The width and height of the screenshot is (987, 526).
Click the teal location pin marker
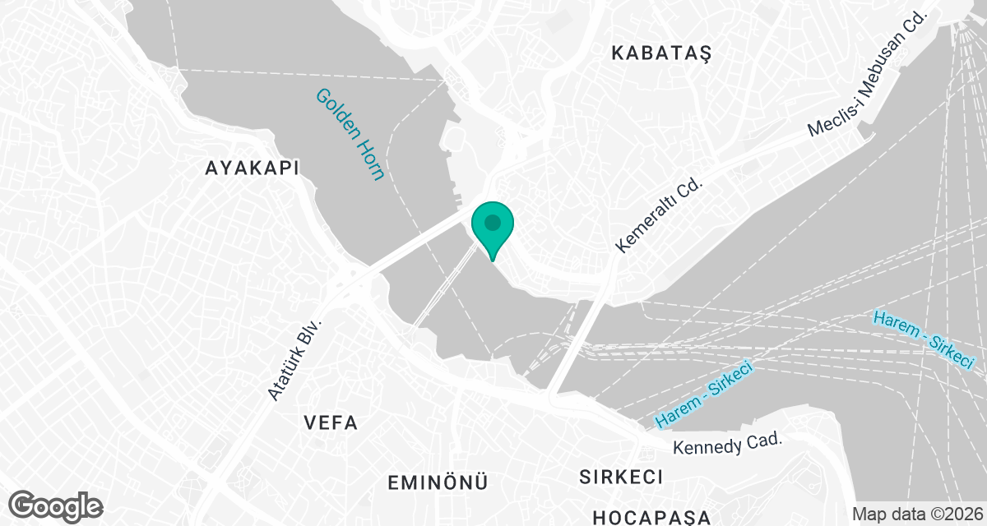492,229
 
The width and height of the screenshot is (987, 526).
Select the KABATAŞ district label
660,53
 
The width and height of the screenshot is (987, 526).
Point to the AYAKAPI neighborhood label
252,168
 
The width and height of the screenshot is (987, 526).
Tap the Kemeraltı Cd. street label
661,215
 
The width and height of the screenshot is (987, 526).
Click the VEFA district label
330,423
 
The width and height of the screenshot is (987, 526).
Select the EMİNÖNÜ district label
438,481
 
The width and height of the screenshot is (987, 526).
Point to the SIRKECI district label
621,477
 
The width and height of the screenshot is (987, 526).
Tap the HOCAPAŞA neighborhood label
651,516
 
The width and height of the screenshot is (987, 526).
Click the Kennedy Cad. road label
726,444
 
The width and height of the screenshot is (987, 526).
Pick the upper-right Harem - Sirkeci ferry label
924,339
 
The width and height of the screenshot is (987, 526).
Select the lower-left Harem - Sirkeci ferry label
704,395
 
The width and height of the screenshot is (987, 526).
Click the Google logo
56,505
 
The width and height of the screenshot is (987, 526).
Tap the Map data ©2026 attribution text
917,514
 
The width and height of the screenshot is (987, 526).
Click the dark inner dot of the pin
492,222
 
